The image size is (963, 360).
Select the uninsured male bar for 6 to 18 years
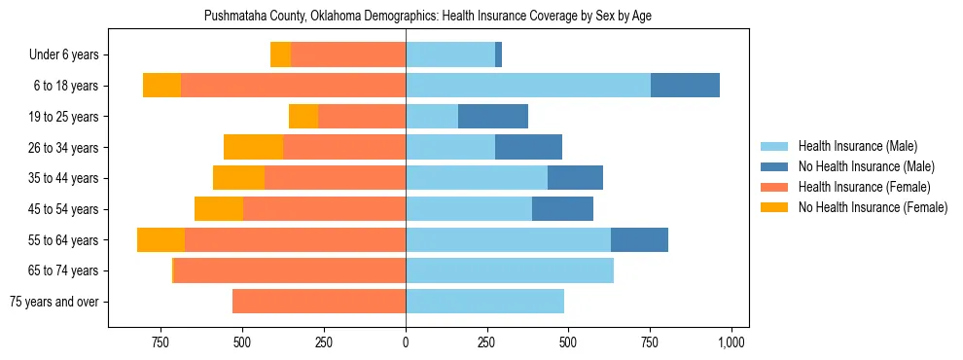[685, 86]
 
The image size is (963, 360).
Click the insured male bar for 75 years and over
[484, 302]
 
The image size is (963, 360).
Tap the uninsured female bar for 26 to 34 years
[253, 147]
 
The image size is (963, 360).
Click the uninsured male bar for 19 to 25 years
[493, 117]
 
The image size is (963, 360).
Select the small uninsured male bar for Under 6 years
[498, 54]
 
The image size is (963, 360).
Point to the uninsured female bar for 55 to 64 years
[160, 240]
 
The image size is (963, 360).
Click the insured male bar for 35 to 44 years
[477, 178]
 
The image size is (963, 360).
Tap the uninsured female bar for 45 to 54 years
[219, 209]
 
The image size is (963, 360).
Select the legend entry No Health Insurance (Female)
[873, 207]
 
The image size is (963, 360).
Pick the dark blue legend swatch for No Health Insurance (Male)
[775, 166]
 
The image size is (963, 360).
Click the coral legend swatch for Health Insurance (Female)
[775, 187]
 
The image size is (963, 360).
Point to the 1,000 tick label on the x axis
[731, 342]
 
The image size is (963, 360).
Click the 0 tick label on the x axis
[406, 342]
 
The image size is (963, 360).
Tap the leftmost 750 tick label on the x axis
[161, 342]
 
